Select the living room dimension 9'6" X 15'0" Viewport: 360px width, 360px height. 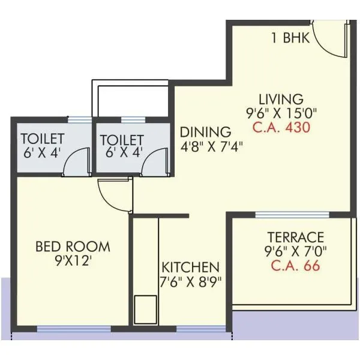coord(281,113)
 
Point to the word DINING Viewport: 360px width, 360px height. coord(205,131)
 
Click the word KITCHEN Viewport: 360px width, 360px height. coord(190,267)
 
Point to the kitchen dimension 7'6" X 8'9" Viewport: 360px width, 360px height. coord(190,281)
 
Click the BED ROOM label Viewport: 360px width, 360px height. coord(73,246)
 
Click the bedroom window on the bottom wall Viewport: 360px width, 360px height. coord(74,329)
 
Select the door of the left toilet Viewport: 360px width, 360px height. coord(74,162)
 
